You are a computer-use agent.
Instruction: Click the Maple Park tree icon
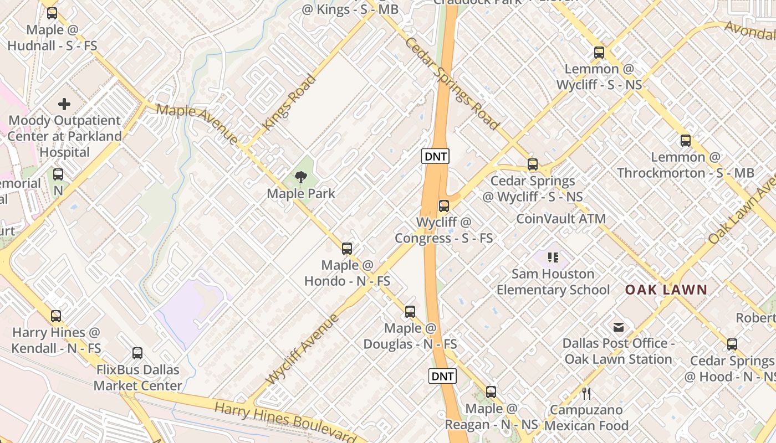point(301,177)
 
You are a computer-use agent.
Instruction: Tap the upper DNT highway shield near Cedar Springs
point(435,157)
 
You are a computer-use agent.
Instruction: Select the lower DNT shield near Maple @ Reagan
point(442,377)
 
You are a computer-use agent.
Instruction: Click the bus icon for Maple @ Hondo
point(347,249)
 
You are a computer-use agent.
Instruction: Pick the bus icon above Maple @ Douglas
point(410,311)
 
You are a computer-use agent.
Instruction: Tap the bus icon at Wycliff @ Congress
point(443,206)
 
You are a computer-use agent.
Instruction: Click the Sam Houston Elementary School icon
point(553,257)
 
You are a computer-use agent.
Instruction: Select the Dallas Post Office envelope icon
point(619,327)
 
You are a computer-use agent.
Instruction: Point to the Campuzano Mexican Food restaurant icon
point(586,394)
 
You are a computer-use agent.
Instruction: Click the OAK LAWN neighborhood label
point(666,290)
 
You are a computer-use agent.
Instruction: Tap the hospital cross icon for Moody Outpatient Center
point(64,104)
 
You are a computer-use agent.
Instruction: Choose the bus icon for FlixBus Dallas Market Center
point(137,353)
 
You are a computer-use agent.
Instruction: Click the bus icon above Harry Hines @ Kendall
point(56,316)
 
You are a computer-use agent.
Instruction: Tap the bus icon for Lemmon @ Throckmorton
point(686,141)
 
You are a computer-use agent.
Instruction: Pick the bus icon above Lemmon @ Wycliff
point(599,53)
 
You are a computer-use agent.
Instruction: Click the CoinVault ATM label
point(561,219)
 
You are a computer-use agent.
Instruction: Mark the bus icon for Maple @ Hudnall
point(52,13)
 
